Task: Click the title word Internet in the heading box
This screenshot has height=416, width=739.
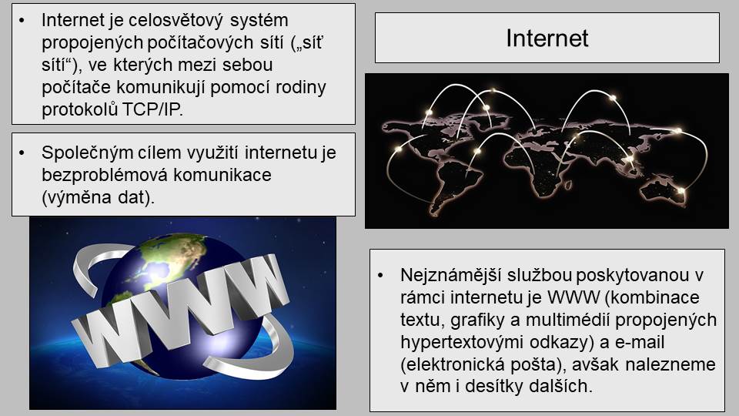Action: pos(547,39)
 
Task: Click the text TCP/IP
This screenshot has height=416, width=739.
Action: pos(152,109)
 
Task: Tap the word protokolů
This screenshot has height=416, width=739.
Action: pos(79,110)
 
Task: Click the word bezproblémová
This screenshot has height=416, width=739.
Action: pos(104,176)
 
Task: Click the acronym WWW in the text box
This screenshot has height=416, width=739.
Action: pos(573,297)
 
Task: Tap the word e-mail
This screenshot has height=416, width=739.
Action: pos(640,342)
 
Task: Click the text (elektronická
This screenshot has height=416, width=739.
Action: pos(449,364)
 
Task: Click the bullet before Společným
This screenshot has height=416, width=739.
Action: pos(22,153)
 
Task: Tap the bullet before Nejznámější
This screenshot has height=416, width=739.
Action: pos(381,276)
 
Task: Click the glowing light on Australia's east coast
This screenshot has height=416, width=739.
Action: pos(681,190)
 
